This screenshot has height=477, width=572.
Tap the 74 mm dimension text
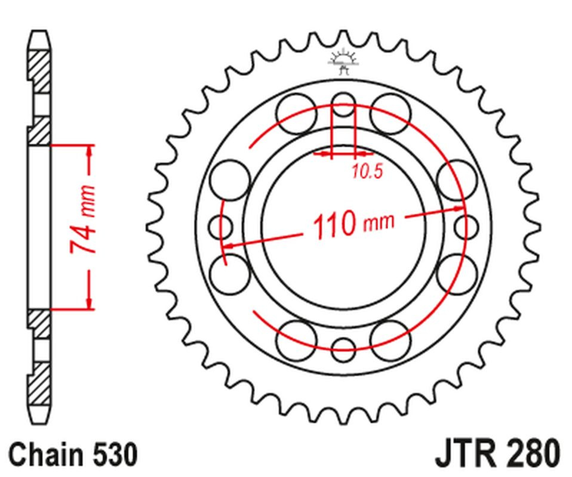(82, 219)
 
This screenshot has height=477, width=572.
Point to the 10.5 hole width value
(368, 172)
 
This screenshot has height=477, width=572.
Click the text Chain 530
(73, 454)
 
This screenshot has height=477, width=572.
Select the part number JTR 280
(497, 454)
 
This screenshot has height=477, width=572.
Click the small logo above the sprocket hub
(343, 61)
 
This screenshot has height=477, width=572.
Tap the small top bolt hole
(343, 104)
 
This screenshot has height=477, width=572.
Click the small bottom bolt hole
(343, 350)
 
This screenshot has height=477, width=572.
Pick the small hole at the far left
(221, 227)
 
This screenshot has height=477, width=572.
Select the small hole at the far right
(466, 227)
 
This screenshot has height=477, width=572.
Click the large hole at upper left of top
(296, 113)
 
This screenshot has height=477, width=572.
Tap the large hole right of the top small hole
(390, 113)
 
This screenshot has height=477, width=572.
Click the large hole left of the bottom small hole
(296, 340)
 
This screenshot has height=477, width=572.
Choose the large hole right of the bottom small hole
(390, 340)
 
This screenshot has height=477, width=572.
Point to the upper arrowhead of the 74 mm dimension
(90, 152)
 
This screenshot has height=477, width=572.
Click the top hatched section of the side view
(39, 72)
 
